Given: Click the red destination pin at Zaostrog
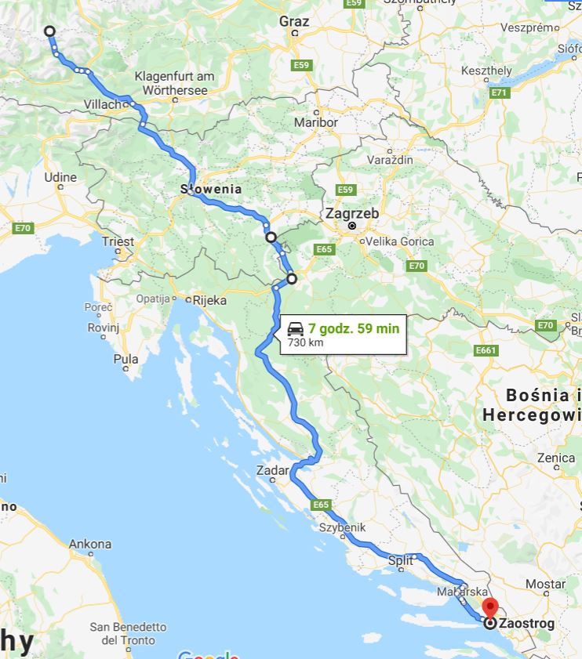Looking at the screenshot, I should click(490, 607).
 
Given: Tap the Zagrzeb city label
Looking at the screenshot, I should click(352, 213).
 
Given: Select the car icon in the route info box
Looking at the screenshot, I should click(296, 328).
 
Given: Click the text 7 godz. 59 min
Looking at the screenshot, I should click(353, 328).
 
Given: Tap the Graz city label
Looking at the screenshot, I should click(294, 21).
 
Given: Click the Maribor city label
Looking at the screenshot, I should click(315, 122).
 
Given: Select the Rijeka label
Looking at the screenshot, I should click(209, 299).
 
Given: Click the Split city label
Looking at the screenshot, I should click(400, 560).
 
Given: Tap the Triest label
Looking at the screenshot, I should click(118, 241).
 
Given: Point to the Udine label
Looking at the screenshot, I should click(60, 177).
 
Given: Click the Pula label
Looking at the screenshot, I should click(125, 359).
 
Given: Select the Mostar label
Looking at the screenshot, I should click(545, 584).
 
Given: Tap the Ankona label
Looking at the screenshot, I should click(89, 544).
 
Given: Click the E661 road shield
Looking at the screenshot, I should click(486, 350).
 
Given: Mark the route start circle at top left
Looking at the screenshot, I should click(49, 31).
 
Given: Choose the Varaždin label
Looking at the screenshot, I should click(390, 159).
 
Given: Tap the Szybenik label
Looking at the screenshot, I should click(342, 527).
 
